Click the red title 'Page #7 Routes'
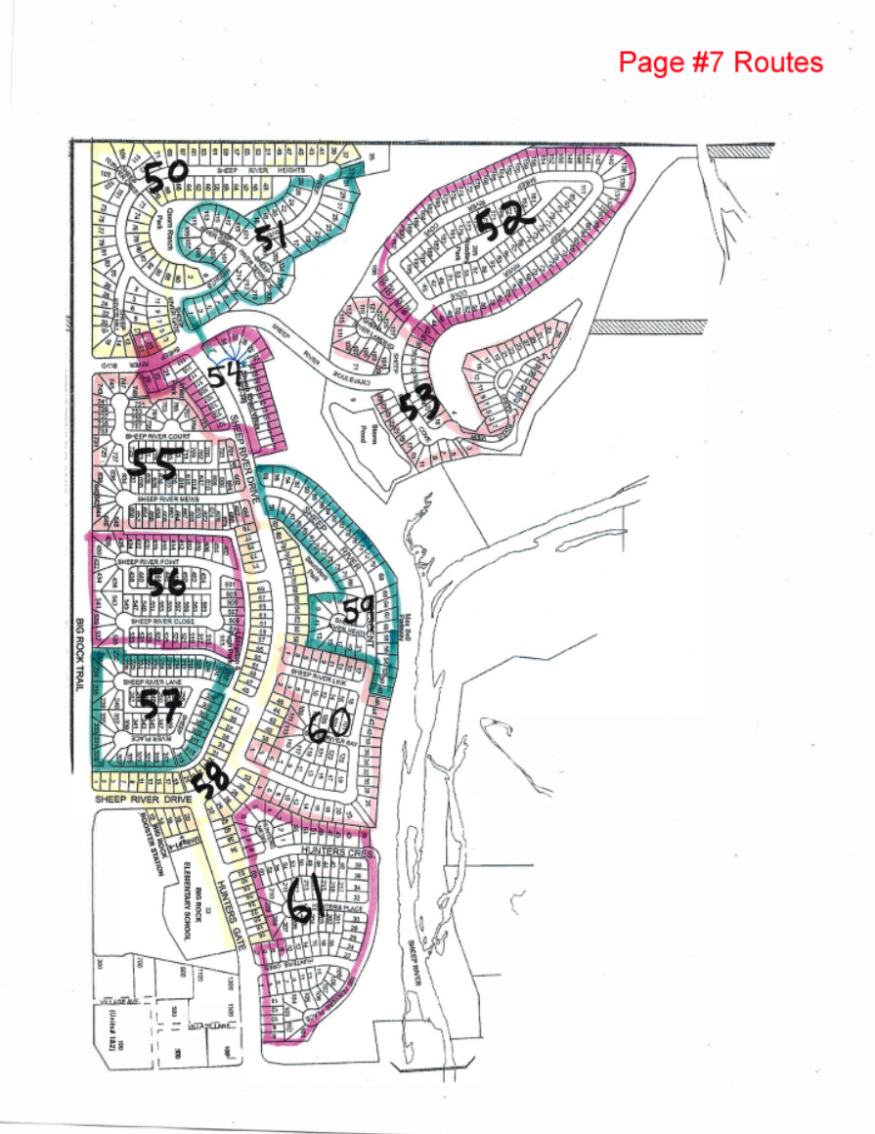[721, 63]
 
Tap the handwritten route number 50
[165, 176]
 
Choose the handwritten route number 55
[154, 463]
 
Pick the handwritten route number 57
[159, 703]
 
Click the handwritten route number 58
[210, 780]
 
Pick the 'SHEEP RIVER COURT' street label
[163, 436]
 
